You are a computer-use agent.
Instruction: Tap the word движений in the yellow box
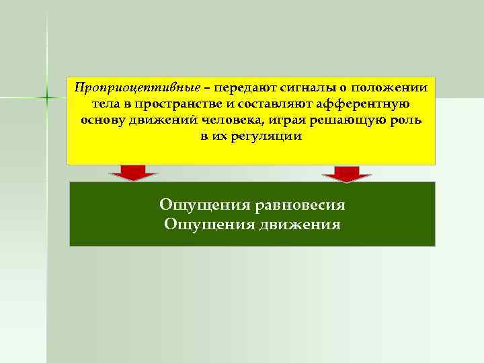(157, 120)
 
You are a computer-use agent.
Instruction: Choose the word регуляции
(267, 136)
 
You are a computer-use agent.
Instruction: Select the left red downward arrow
(134, 173)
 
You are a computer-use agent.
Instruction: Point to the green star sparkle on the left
(48, 97)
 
